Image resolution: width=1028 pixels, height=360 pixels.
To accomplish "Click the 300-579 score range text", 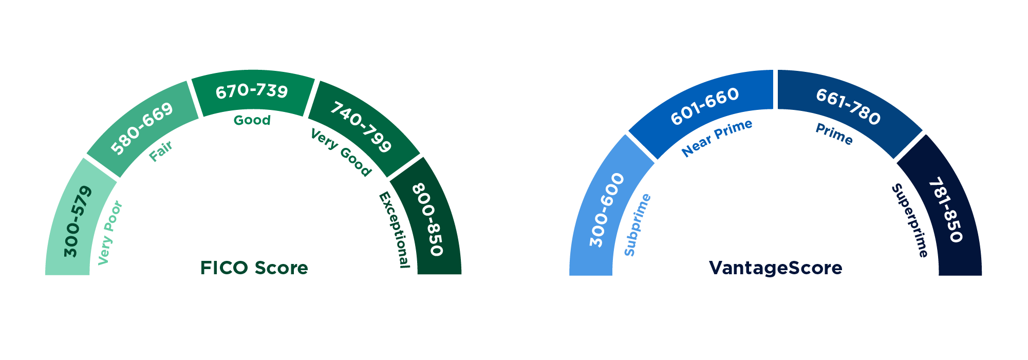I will coord(78,222).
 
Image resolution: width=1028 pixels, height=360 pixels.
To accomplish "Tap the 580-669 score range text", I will coord(142,128).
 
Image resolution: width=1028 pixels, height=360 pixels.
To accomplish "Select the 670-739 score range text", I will coord(252,91).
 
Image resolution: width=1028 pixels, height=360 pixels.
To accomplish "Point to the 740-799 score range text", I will coord(361,126).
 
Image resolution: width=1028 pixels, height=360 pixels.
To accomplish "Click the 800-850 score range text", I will coord(427,219).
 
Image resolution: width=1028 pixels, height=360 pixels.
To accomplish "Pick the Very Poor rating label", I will coord(110,233).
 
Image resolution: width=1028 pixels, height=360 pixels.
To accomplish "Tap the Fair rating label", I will coord(161,151).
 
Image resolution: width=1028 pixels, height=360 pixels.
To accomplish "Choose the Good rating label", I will coord(252,120).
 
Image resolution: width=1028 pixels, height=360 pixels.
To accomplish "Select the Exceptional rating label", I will coord(395,230).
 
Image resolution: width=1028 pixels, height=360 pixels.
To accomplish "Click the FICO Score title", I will coord(254,268).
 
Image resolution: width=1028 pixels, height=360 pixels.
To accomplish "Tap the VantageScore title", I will coord(775,268).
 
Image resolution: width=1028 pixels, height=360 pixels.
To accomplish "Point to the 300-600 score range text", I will coord(607,210).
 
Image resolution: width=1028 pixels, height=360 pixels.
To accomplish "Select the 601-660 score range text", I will coord(705,106).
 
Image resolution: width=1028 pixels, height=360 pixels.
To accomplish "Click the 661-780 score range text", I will coord(848,106).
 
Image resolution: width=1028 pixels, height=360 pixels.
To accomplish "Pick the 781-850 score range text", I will coord(945,210).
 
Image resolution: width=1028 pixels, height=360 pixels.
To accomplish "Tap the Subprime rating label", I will coord(638,225).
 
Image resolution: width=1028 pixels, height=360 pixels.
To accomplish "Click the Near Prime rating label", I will coord(717,138).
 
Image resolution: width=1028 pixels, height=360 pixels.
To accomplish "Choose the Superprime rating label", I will coord(910,220).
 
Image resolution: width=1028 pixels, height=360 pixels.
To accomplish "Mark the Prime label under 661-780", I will coord(834,134).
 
